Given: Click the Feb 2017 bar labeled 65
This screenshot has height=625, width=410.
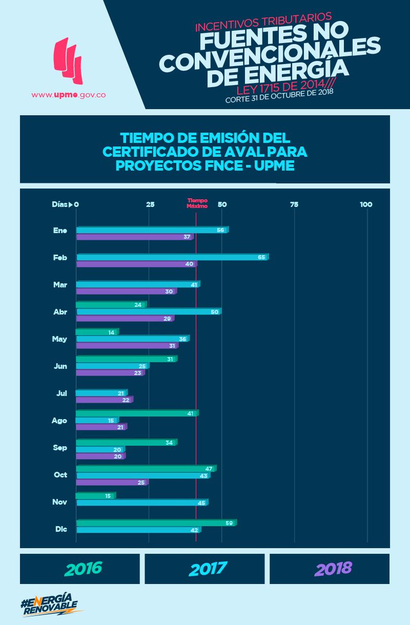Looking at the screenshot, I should pos(172,257).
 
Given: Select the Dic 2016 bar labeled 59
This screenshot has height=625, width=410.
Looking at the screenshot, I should pos(156,522).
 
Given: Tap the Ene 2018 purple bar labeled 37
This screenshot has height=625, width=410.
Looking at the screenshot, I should pos(134,237).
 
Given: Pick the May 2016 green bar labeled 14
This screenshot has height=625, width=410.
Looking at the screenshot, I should pos(97,332).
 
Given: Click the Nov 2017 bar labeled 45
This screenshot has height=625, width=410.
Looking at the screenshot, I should pos(142,503).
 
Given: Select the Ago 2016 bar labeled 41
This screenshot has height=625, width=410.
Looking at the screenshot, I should pos(137,413).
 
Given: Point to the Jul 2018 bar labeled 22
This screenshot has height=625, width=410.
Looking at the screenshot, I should pos(104,399).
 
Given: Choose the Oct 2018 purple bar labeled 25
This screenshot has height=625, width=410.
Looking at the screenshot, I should pos(112,482).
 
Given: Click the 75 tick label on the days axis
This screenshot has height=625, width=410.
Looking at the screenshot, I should pos(294,205).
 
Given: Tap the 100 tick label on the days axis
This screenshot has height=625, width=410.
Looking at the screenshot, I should pos(366,205).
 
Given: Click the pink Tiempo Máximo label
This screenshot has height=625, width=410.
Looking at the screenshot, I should pos(197,203).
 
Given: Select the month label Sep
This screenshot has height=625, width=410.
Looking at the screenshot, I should pos(60,447).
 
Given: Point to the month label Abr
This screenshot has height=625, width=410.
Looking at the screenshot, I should pos(60,311).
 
